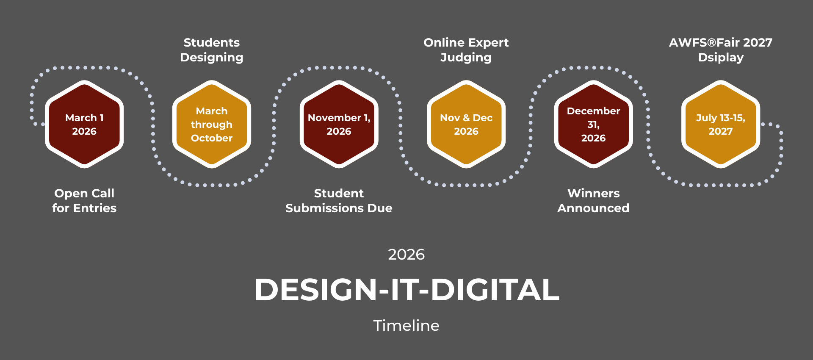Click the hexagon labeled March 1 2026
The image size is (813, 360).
click(x=84, y=124)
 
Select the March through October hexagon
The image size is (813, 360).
click(x=212, y=124)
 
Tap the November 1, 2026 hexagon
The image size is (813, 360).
click(x=339, y=124)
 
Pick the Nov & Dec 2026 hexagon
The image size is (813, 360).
click(x=466, y=124)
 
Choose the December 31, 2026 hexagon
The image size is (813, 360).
click(x=594, y=124)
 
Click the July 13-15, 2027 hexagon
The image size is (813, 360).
click(x=721, y=124)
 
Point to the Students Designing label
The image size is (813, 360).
click(x=212, y=50)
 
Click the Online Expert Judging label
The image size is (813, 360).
click(x=466, y=50)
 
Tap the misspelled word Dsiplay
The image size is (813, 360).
click(x=721, y=58)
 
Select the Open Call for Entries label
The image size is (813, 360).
click(x=84, y=201)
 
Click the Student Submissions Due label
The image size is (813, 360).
click(x=339, y=201)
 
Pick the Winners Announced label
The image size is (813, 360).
click(x=594, y=201)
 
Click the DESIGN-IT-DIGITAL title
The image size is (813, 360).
click(x=406, y=290)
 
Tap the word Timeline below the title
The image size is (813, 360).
click(x=406, y=326)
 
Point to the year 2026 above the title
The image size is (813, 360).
click(x=406, y=255)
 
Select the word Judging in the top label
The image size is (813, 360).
click(x=466, y=58)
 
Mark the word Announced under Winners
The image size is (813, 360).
click(x=594, y=208)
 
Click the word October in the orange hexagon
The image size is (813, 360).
click(x=212, y=138)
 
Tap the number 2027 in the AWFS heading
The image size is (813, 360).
click(x=758, y=43)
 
